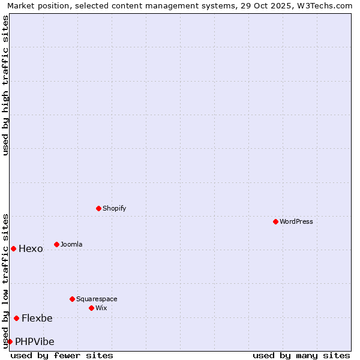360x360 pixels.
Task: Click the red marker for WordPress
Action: click(x=275, y=221)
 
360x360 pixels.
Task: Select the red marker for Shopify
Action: click(x=98, y=208)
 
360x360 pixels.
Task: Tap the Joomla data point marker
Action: click(x=56, y=244)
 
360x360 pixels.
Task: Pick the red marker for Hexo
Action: click(x=13, y=248)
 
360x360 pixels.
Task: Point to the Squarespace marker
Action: click(x=72, y=299)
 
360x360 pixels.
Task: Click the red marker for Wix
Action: click(x=91, y=308)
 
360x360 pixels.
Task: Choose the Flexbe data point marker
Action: click(x=16, y=318)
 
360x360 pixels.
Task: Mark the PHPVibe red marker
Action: click(x=10, y=341)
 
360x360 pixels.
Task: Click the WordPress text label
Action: click(x=296, y=221)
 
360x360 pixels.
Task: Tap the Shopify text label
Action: click(x=114, y=208)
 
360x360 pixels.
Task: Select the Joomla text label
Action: click(x=71, y=244)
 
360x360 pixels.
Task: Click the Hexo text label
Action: click(x=31, y=249)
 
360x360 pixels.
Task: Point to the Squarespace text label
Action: click(x=97, y=299)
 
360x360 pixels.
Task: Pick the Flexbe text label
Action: click(x=37, y=319)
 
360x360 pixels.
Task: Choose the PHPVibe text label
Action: click(x=35, y=342)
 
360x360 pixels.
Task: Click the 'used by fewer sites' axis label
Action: click(x=62, y=355)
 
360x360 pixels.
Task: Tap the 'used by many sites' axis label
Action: click(x=301, y=355)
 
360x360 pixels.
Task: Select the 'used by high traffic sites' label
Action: click(x=5, y=85)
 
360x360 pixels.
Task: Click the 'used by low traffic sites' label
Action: click(x=5, y=280)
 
